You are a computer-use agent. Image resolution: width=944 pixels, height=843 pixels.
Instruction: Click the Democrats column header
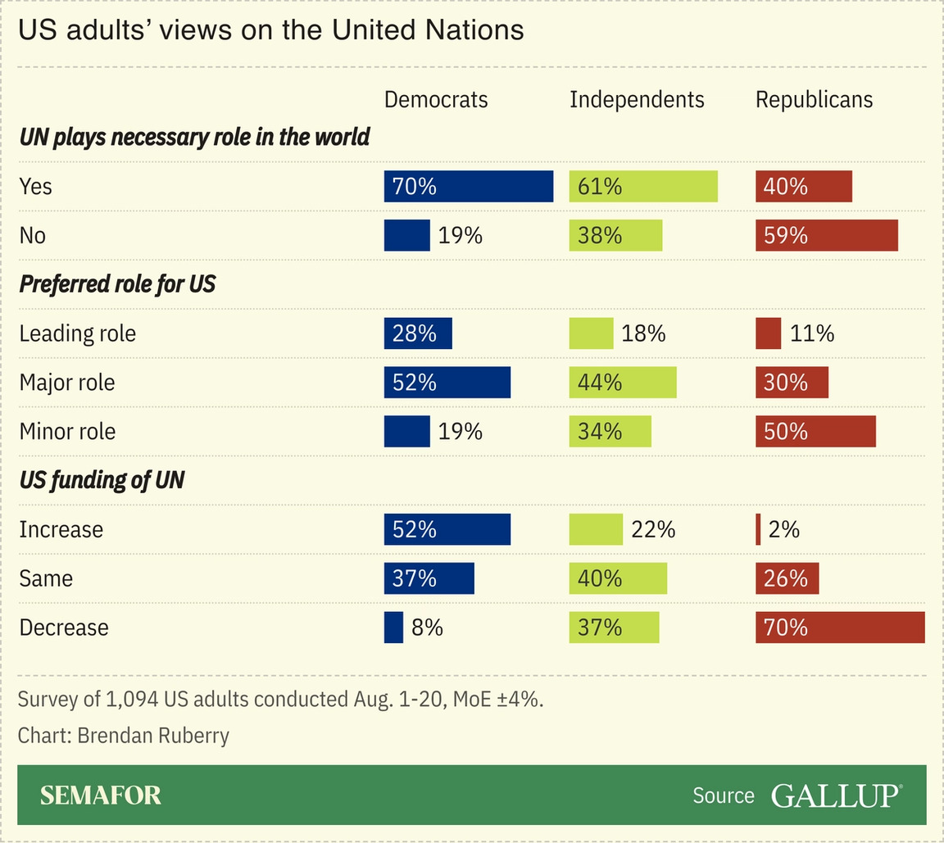pos(436,100)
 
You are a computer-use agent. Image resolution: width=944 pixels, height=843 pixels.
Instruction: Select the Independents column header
pos(637,100)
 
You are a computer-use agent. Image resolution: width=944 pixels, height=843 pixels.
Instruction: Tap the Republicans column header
pos(814,100)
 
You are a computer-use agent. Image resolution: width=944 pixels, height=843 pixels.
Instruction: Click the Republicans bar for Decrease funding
pos(840,628)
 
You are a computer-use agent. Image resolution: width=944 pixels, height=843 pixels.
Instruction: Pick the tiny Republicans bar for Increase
pos(758,529)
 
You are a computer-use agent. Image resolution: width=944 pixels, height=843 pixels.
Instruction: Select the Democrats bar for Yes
pos(469,186)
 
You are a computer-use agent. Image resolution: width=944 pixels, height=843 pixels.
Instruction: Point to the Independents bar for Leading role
pos(591,333)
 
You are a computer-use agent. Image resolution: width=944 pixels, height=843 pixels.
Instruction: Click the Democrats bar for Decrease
pos(393,628)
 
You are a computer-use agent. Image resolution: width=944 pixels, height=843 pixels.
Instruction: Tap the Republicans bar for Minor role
pos(815,432)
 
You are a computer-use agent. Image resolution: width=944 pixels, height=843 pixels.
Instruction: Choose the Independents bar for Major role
pos(623,383)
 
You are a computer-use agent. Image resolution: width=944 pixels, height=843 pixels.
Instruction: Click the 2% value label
pos(784,530)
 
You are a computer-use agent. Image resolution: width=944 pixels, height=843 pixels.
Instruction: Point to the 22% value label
pos(653,530)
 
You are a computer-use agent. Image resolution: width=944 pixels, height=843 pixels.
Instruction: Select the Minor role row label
pos(67,432)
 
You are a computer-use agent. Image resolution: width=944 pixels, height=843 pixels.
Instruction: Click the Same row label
pos(46,579)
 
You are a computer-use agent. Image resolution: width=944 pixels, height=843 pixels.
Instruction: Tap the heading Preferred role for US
pos(117,284)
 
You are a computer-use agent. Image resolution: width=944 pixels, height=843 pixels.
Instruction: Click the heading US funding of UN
pos(102,480)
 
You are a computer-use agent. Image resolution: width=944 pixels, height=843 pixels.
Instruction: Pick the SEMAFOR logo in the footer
pos(101,795)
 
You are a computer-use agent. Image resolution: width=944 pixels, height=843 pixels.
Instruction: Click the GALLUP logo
pos(836,795)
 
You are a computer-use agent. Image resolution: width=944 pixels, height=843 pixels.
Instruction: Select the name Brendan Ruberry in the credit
pos(153,735)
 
